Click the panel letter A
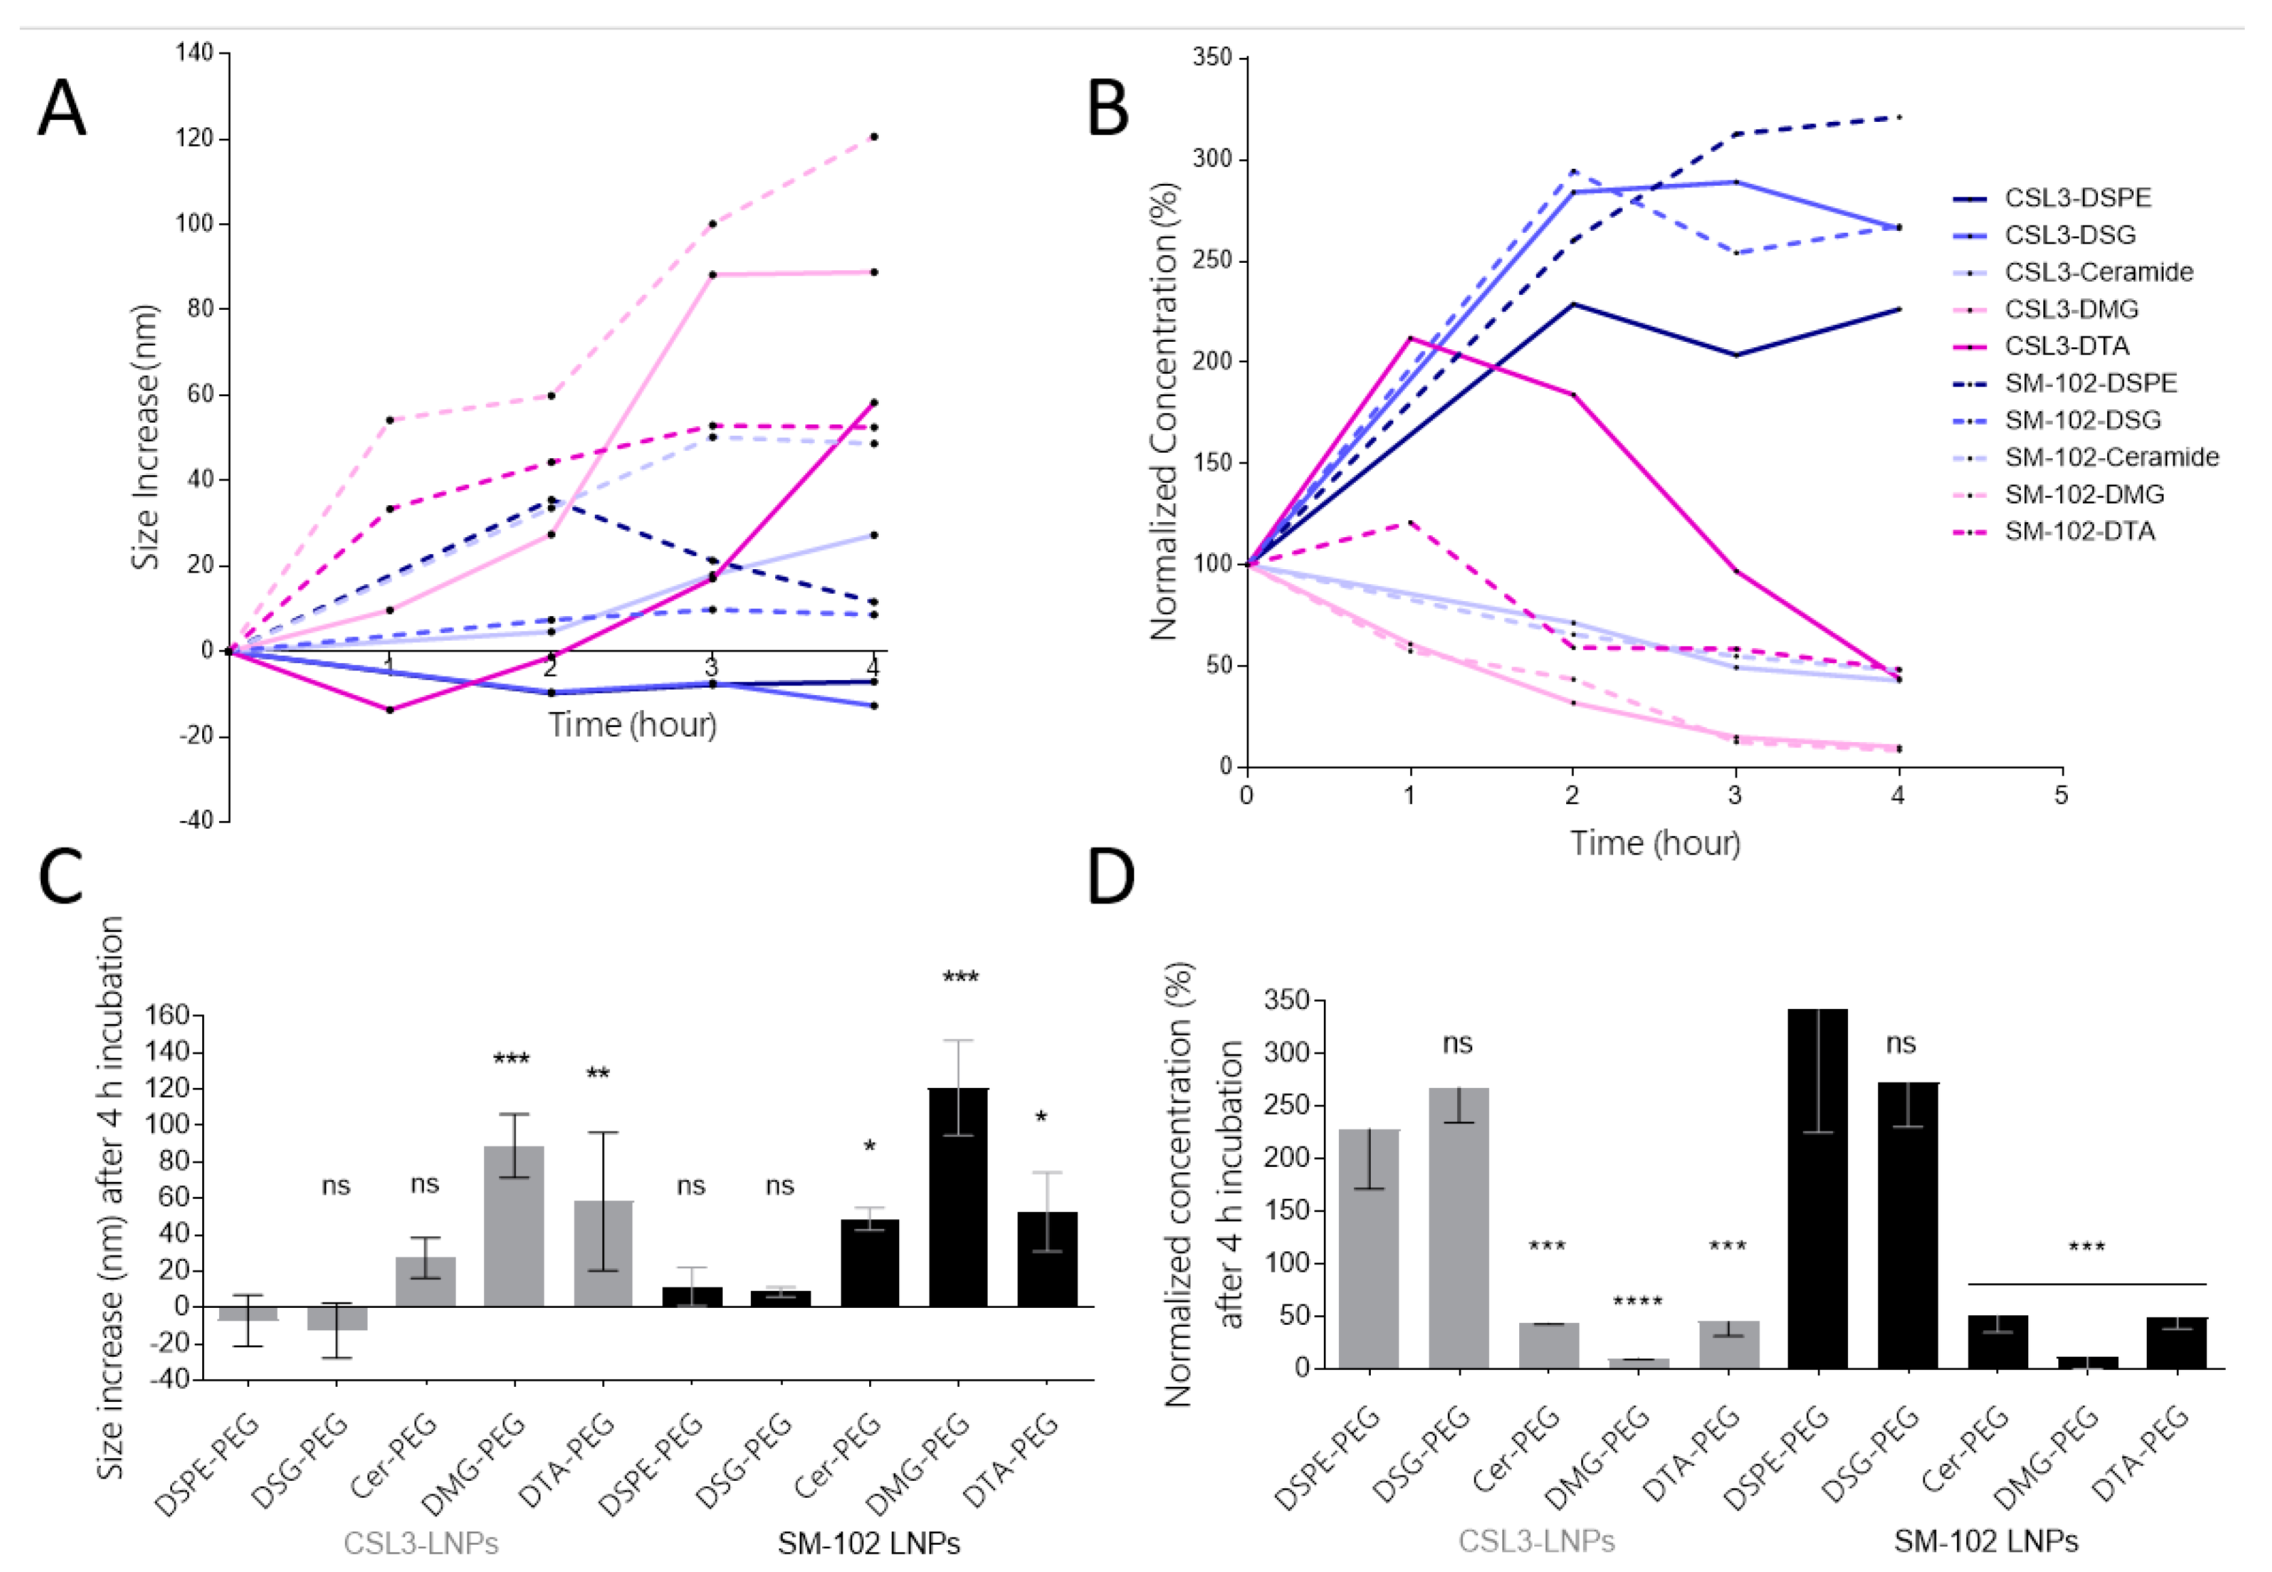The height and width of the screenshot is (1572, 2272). [61, 108]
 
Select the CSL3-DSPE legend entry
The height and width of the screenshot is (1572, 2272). [2077, 198]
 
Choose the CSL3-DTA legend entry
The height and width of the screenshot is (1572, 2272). [2066, 347]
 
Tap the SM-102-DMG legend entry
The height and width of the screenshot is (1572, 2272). [2084, 494]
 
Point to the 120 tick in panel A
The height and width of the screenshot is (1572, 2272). [194, 138]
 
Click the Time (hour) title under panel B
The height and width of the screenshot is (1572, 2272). [1655, 843]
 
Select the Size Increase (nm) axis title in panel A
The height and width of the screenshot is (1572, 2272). [146, 437]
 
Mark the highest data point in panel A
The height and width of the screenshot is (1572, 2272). [873, 137]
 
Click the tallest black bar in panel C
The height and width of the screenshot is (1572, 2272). [958, 1197]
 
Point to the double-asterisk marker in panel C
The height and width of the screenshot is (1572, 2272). [598, 1074]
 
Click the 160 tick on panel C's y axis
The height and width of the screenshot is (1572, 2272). [167, 1016]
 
